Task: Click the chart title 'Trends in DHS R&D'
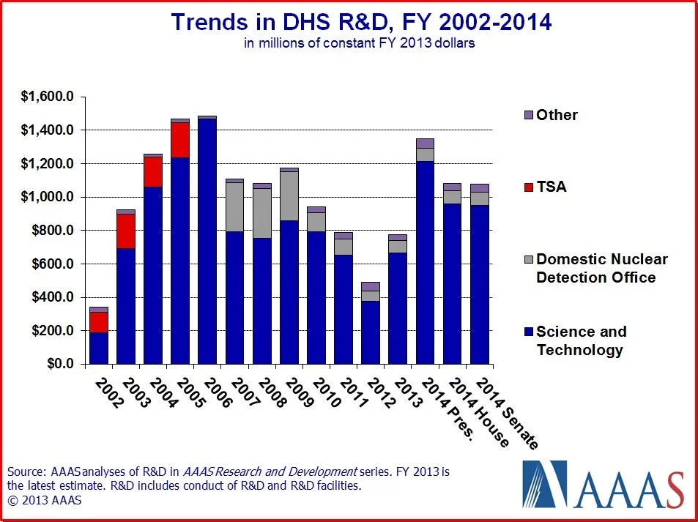tap(360, 22)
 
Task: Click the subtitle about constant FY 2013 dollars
tap(360, 43)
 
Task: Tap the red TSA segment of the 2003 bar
tap(126, 231)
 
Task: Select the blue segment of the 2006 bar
tap(207, 242)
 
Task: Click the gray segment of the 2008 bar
tap(261, 213)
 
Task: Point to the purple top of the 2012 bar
tap(371, 286)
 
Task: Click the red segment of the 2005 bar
tap(180, 140)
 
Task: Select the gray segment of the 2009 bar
tap(289, 196)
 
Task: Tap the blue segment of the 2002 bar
tap(99, 348)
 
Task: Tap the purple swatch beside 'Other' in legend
tap(528, 116)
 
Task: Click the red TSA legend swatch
tap(528, 187)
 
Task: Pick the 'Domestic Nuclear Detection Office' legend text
tap(601, 268)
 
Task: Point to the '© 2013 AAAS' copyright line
tap(45, 501)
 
